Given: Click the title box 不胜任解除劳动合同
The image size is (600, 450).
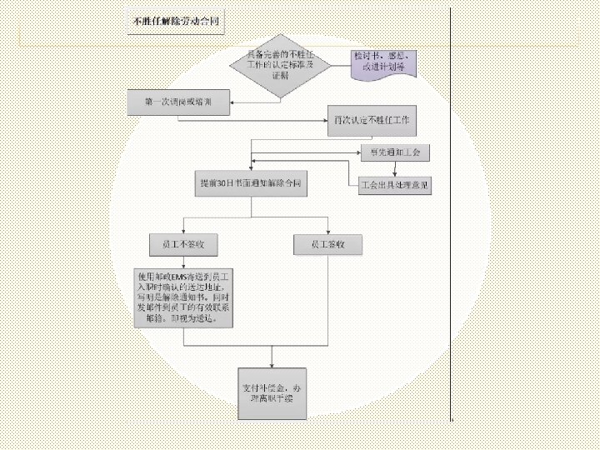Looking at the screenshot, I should pyautogui.click(x=176, y=22).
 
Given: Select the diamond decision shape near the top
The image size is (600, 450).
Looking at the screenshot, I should pyautogui.click(x=280, y=63).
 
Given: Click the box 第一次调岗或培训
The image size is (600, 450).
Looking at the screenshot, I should pyautogui.click(x=177, y=102).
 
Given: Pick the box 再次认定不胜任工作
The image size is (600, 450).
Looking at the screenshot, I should pyautogui.click(x=372, y=122).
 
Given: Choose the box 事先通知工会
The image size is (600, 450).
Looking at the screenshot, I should pyautogui.click(x=394, y=152).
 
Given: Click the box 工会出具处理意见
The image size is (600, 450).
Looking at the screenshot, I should pyautogui.click(x=394, y=185).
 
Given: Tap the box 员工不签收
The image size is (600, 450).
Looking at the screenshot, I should pyautogui.click(x=182, y=245).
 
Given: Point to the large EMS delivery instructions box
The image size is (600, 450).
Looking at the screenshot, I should pyautogui.click(x=182, y=297).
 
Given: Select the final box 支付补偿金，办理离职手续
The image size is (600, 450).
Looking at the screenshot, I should pyautogui.click(x=272, y=393).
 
